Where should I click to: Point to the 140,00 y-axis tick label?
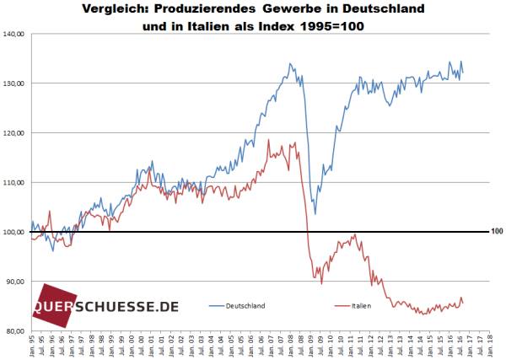pos(15,35)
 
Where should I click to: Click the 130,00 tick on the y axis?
pos(15,83)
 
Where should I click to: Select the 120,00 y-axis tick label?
pos(15,133)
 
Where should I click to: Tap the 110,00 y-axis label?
pos(15,182)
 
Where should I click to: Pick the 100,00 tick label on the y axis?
pos(15,232)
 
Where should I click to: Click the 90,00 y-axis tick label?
pos(17,282)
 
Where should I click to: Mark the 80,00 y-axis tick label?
pos(17,330)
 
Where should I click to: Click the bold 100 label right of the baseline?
pos(496,231)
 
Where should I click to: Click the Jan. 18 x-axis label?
pos(490,346)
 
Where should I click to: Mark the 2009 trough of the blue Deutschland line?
pos(315,214)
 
